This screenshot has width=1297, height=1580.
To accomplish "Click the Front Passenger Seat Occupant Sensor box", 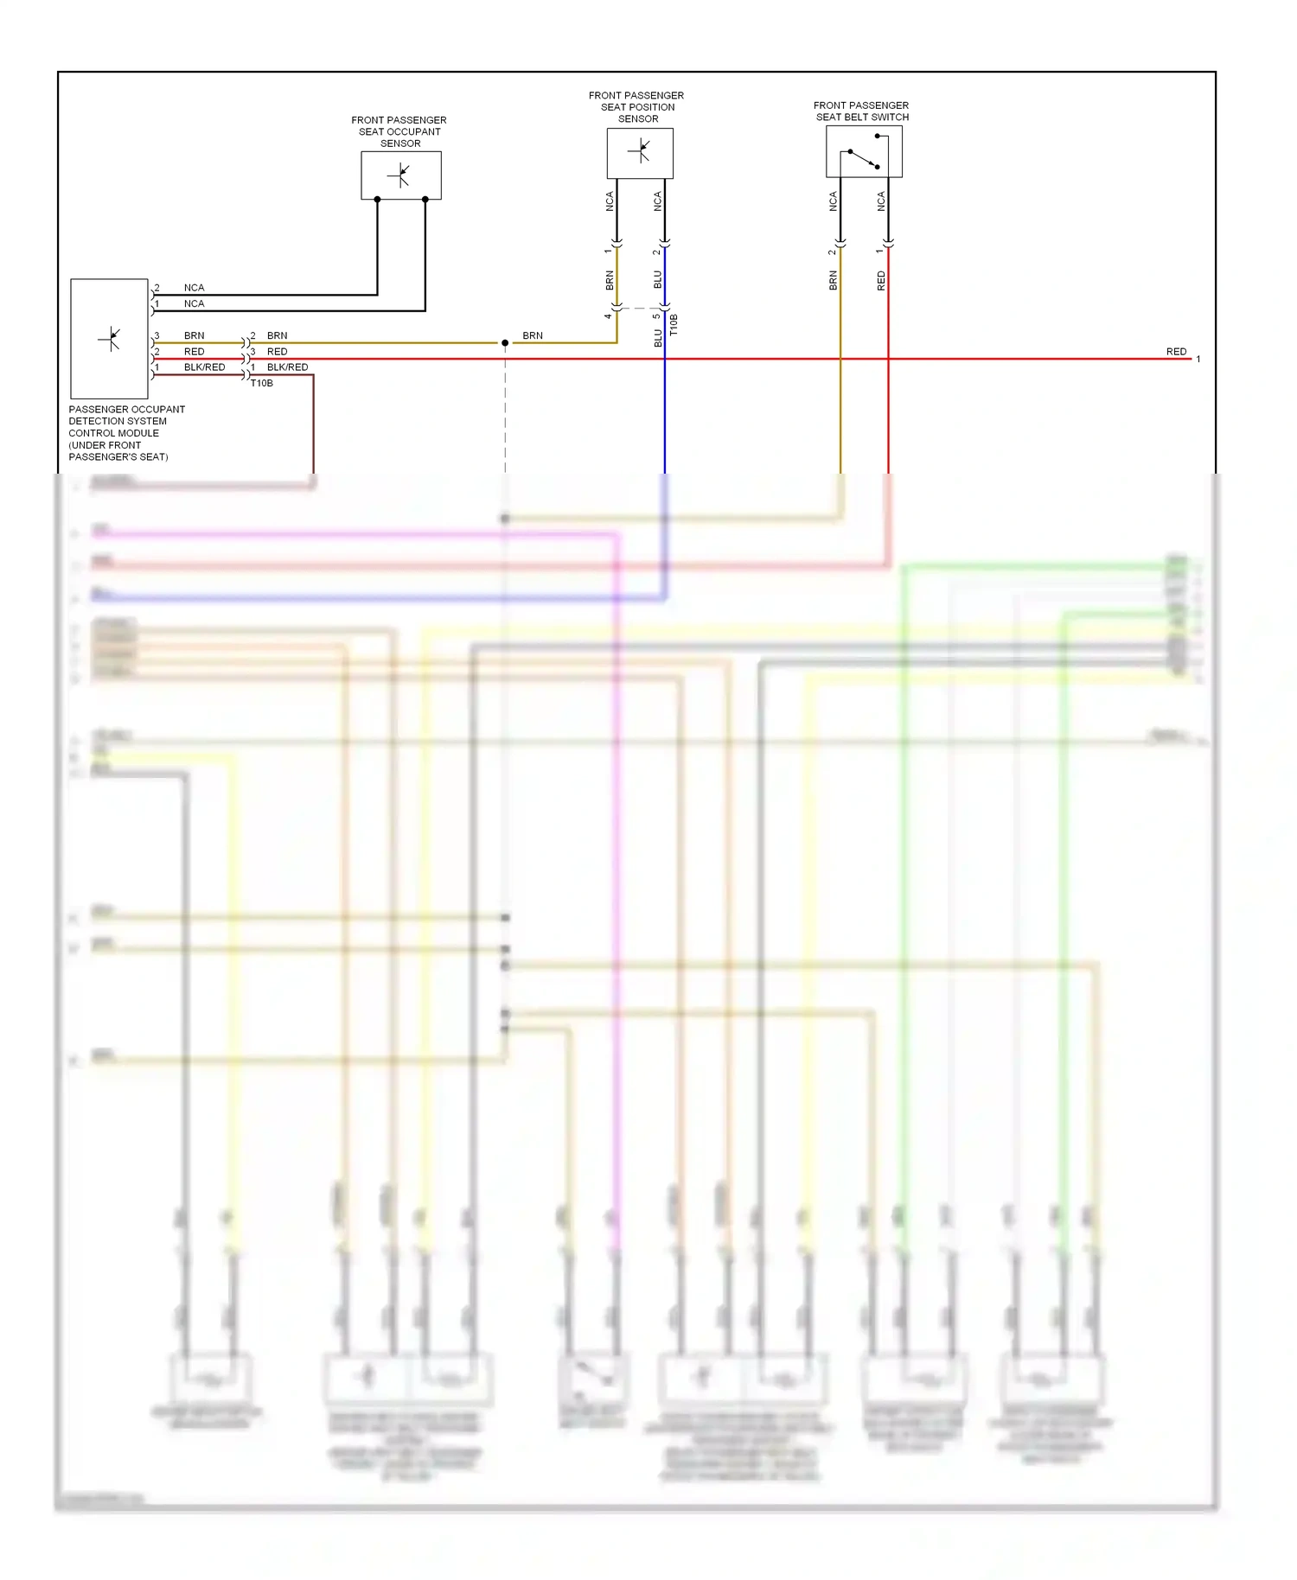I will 400,175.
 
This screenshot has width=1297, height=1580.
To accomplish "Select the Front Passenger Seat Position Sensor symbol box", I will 639,153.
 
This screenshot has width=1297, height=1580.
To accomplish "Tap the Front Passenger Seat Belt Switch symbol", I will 864,152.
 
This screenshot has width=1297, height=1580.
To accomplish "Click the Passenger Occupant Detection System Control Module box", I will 109,338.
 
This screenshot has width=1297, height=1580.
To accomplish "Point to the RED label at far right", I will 1176,352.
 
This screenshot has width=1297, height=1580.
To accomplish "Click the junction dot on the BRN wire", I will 505,343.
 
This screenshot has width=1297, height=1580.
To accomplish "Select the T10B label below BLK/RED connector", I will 262,383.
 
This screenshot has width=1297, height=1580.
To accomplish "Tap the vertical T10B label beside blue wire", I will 674,326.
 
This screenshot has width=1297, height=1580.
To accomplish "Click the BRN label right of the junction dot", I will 533,335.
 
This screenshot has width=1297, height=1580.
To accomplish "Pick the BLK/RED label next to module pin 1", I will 204,367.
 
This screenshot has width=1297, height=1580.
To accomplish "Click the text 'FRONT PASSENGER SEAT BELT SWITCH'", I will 861,111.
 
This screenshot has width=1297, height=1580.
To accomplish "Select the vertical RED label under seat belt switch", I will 881,280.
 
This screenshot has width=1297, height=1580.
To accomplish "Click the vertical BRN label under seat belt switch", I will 834,280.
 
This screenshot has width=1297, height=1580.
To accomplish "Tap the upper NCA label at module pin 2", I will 194,288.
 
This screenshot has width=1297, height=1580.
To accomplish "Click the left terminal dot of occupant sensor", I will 377,200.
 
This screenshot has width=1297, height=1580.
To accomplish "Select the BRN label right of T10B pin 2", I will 277,335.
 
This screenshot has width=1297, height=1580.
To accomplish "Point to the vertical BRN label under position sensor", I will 610,280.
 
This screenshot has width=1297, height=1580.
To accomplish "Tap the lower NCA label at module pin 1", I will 194,303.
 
